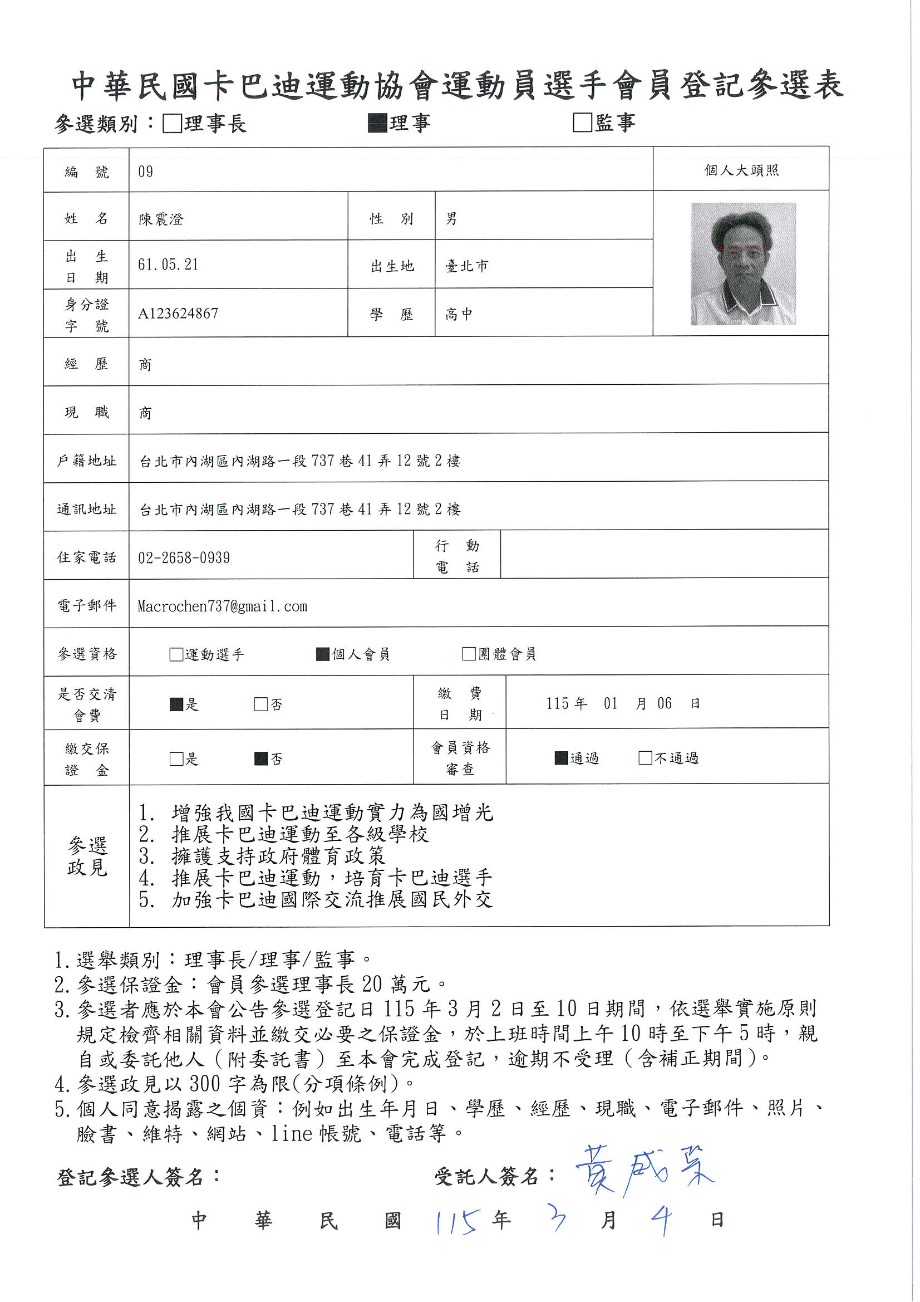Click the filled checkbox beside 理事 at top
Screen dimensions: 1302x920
click(377, 123)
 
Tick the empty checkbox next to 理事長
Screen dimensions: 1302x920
click(172, 123)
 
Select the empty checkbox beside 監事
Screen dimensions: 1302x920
click(582, 123)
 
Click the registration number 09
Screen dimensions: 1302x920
click(146, 172)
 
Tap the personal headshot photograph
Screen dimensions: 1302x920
click(742, 264)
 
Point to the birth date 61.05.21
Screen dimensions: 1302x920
click(168, 265)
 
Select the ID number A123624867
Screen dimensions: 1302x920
click(178, 314)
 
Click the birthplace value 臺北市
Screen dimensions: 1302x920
click(466, 266)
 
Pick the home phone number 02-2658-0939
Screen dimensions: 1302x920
click(184, 558)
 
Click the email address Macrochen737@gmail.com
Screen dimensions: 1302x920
click(222, 607)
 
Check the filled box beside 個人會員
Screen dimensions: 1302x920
click(323, 654)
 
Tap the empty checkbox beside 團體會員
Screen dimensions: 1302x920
click(469, 654)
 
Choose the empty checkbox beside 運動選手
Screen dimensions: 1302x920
click(176, 654)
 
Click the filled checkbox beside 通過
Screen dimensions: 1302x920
click(561, 758)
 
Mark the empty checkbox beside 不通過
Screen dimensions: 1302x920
click(645, 758)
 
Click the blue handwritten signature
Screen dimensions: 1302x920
click(645, 1171)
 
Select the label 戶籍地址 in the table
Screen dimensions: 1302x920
click(87, 461)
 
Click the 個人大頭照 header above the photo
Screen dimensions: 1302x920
click(741, 170)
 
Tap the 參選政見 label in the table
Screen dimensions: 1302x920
click(87, 856)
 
